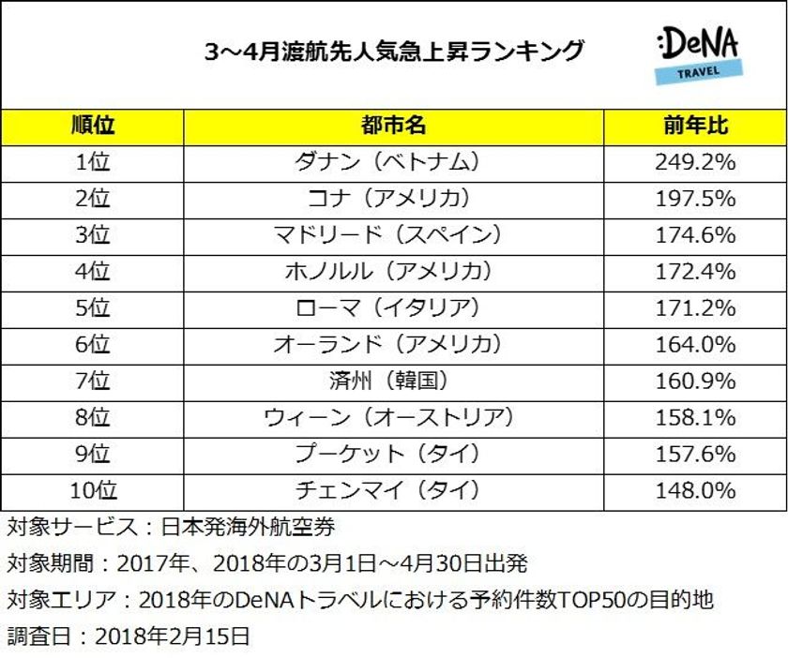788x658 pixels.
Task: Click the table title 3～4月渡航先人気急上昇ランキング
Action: click(394, 51)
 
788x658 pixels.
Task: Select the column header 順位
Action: click(92, 126)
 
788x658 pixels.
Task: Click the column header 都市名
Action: click(393, 126)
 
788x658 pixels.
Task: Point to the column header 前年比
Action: click(695, 126)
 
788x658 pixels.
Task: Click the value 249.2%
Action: click(695, 162)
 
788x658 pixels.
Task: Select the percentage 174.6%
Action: click(695, 234)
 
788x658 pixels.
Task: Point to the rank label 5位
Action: click(92, 307)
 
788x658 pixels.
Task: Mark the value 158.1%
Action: click(695, 417)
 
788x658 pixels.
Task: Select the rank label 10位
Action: click(92, 489)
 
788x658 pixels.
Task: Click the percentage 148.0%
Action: click(695, 489)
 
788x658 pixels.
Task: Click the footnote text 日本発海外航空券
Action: click(249, 527)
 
